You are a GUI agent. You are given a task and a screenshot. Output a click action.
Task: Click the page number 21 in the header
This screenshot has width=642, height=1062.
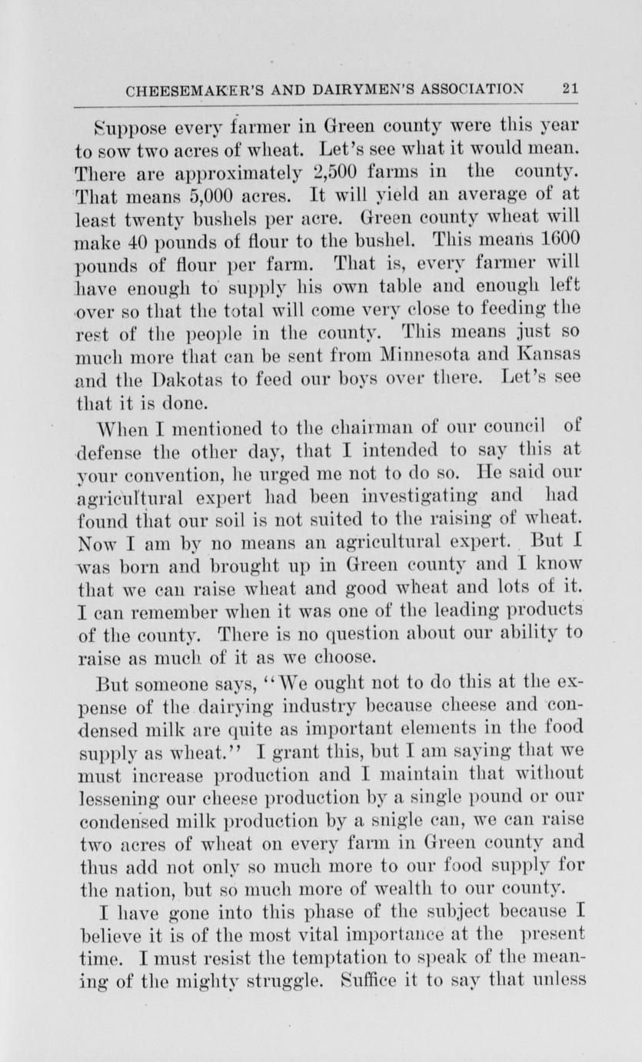coord(570,88)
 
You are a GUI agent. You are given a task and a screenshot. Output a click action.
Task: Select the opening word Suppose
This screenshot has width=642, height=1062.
coord(123,125)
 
